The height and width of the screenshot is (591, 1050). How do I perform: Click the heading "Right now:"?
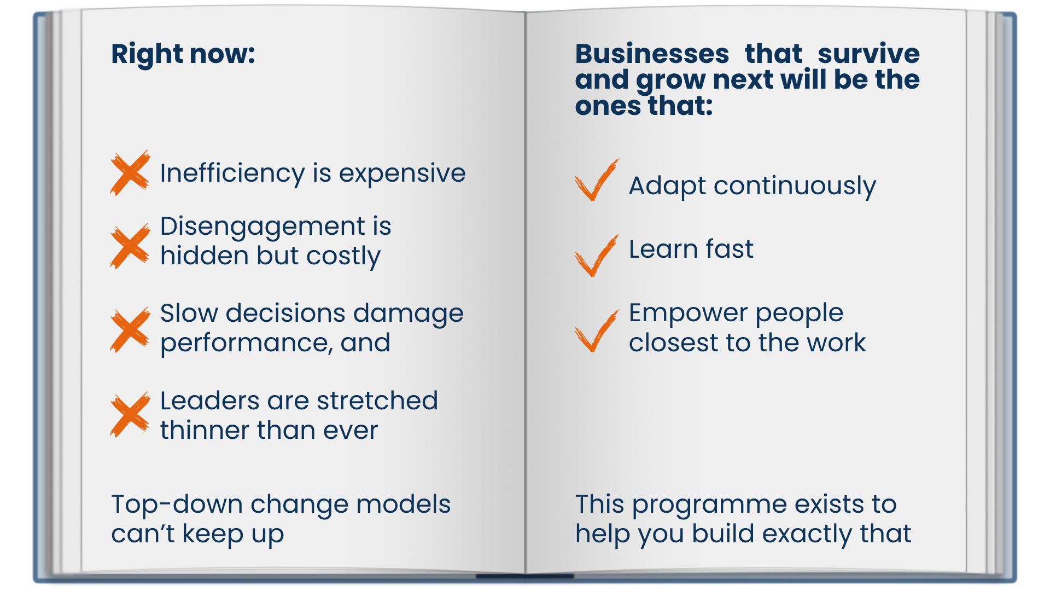click(x=183, y=54)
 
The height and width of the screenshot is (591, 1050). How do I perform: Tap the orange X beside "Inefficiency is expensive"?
click(x=130, y=173)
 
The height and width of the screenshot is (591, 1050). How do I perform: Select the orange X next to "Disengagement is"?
click(x=130, y=246)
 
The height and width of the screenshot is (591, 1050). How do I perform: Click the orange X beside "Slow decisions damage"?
click(x=130, y=330)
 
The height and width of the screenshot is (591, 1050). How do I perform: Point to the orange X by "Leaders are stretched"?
click(x=130, y=415)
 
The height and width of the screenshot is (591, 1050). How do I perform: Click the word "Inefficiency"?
click(x=232, y=173)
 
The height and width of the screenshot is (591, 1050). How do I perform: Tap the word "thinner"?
click(x=205, y=430)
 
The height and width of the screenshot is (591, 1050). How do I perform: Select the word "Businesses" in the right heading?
click(x=652, y=54)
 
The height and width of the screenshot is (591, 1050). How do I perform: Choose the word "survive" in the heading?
click(x=868, y=54)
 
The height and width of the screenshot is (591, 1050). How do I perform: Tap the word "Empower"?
click(x=688, y=314)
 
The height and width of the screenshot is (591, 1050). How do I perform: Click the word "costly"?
click(x=343, y=256)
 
